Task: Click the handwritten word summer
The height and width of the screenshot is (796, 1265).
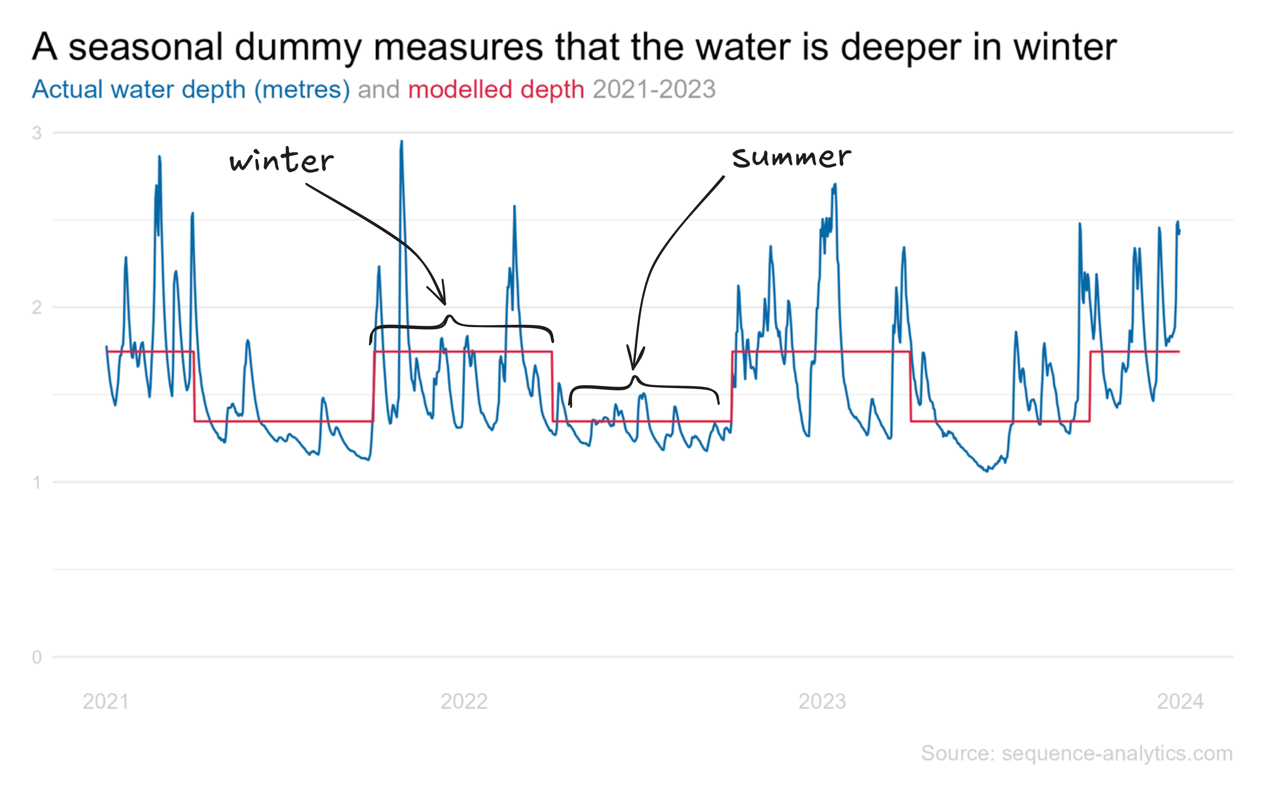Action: pyautogui.click(x=791, y=157)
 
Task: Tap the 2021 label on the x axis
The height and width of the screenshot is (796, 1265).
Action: pyautogui.click(x=106, y=701)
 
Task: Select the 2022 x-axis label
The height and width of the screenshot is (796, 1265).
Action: pyautogui.click(x=464, y=701)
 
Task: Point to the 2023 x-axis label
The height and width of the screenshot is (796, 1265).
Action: pyautogui.click(x=822, y=701)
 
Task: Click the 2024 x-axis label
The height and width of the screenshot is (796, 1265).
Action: pyautogui.click(x=1180, y=701)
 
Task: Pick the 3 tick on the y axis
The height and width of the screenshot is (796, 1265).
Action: pyautogui.click(x=37, y=133)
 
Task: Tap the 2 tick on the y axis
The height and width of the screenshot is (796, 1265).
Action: pyautogui.click(x=37, y=307)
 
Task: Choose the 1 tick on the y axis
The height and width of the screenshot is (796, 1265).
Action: pyautogui.click(x=37, y=482)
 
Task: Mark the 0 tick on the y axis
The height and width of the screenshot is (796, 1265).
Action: pyautogui.click(x=37, y=657)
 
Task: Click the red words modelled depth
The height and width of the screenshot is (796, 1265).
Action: pyautogui.click(x=496, y=89)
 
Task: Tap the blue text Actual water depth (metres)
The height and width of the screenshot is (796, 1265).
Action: pyautogui.click(x=191, y=89)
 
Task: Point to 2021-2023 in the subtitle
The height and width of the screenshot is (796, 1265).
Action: pyautogui.click(x=654, y=89)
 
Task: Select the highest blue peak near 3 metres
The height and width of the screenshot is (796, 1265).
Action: pyautogui.click(x=401, y=142)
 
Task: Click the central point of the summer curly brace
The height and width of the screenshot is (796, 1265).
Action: pyautogui.click(x=634, y=378)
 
